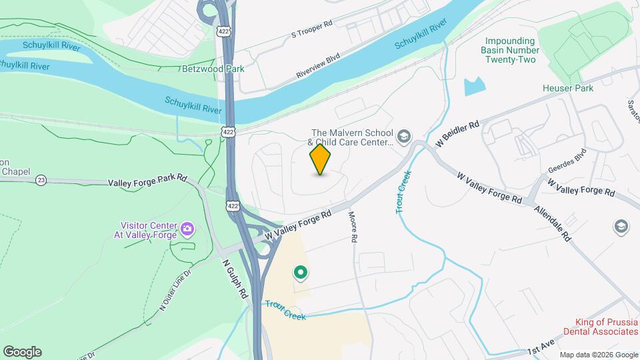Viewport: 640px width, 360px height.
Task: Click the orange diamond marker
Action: coord(321,159)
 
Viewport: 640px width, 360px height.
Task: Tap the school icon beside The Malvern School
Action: coord(403,137)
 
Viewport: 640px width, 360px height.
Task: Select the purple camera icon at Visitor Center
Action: coord(187,229)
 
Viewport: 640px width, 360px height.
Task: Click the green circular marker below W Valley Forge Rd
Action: coord(300,272)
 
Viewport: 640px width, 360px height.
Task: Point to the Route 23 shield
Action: coord(41,180)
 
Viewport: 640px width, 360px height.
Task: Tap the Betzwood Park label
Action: coord(213,69)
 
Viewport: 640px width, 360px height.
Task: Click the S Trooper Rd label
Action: coord(311,29)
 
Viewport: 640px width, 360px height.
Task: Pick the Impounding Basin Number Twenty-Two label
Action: coord(511,50)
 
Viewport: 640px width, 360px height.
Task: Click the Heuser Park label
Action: coord(567,88)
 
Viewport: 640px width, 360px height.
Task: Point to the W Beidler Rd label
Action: coord(457,134)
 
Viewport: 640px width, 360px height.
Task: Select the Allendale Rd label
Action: coord(553,222)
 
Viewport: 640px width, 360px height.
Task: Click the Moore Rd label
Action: coord(353,227)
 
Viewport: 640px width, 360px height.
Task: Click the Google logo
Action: coord(22,352)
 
